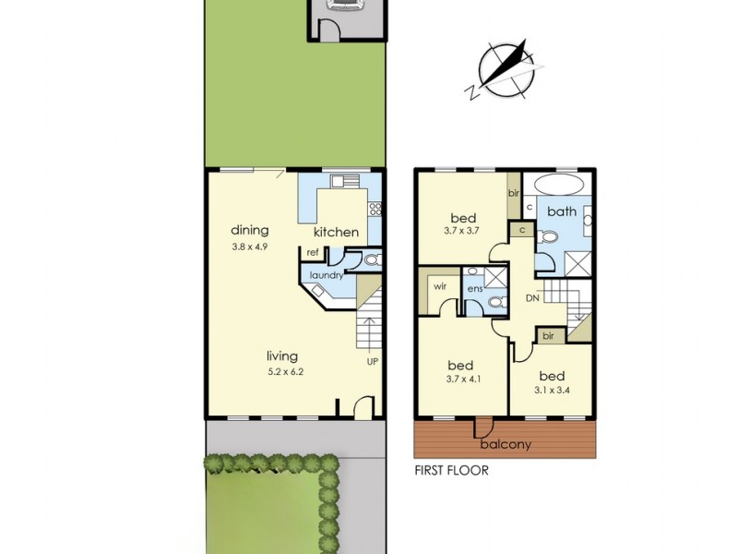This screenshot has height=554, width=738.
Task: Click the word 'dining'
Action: (x=249, y=230)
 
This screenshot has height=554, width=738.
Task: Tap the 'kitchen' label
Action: (x=336, y=232)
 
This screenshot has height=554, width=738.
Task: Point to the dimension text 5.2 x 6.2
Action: (x=285, y=372)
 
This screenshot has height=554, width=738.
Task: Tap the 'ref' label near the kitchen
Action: (x=313, y=252)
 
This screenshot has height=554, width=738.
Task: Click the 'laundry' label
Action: (x=327, y=275)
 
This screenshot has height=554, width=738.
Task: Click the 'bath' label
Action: (x=561, y=211)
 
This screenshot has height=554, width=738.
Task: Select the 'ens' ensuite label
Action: (x=475, y=289)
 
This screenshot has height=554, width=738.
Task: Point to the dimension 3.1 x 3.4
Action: (x=551, y=391)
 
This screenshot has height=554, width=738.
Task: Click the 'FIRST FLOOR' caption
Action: (x=451, y=470)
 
